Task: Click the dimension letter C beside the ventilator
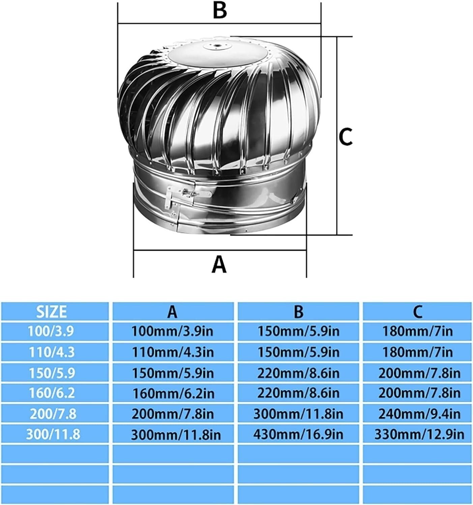(x=346, y=136)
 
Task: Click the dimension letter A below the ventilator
(x=219, y=264)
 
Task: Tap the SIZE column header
(x=52, y=312)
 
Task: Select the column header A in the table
(x=172, y=312)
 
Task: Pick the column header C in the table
(x=417, y=312)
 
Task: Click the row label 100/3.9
(x=52, y=332)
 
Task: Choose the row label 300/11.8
(x=53, y=434)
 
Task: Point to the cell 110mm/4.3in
(x=172, y=352)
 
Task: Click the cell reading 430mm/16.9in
(x=298, y=434)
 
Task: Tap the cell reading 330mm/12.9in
(x=419, y=434)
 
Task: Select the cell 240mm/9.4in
(x=419, y=414)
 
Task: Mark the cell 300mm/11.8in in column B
(x=298, y=414)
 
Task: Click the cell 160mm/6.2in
(x=172, y=393)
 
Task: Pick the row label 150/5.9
(x=52, y=373)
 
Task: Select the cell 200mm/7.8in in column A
(x=172, y=414)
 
